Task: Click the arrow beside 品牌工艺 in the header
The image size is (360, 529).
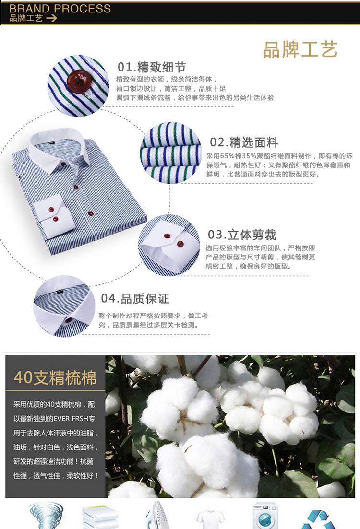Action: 51,18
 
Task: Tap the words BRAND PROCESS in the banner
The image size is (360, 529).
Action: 60,9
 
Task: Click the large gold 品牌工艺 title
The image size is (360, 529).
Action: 300,49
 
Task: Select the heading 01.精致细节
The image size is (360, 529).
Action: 152,67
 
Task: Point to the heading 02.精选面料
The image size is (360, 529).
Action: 244,142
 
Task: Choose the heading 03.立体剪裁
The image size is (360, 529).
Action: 242,235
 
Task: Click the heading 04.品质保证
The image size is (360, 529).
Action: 135,298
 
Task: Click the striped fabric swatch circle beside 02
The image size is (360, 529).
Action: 171,153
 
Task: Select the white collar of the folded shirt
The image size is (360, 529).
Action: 58,149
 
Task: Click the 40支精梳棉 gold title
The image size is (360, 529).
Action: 55,377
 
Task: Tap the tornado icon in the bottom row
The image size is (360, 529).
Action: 46,515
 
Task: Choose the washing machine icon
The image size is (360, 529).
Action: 265,516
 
